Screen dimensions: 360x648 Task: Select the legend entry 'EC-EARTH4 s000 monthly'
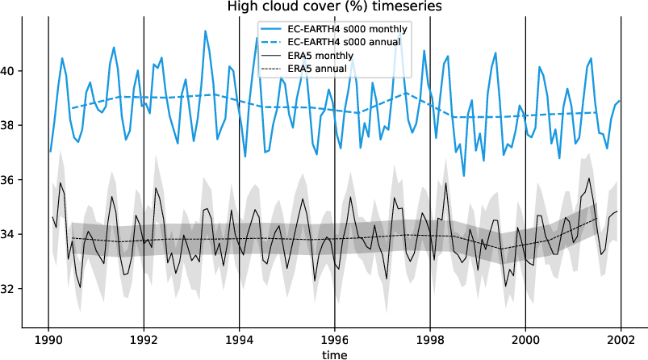click(x=348, y=29)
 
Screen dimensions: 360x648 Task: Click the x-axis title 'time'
click(x=333, y=354)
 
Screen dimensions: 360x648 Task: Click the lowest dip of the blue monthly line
click(x=464, y=175)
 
